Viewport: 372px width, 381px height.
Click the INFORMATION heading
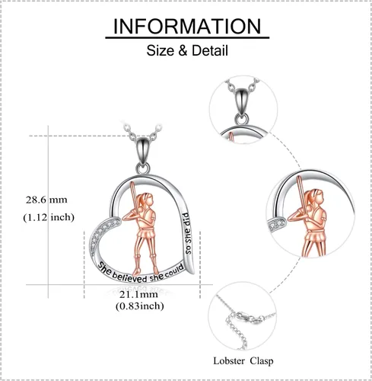pyautogui.click(x=187, y=26)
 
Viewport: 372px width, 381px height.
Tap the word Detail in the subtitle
pyautogui.click(x=210, y=50)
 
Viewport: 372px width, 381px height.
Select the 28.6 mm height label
pyautogui.click(x=46, y=200)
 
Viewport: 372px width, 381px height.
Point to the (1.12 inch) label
pyautogui.click(x=49, y=217)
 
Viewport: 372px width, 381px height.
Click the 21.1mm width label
pyautogui.click(x=138, y=295)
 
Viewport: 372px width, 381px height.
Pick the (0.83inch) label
pyautogui.click(x=140, y=306)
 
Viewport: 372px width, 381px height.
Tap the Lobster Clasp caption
pyautogui.click(x=243, y=361)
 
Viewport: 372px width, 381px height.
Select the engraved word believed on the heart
pyautogui.click(x=129, y=277)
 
